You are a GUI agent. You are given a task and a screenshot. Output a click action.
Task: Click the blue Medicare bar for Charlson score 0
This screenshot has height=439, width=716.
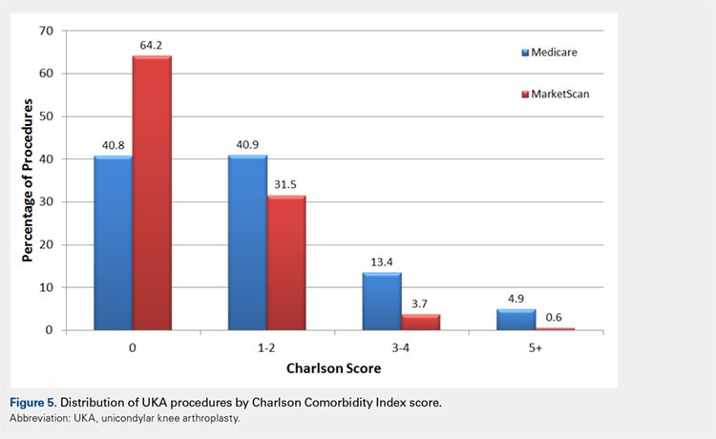[113, 243]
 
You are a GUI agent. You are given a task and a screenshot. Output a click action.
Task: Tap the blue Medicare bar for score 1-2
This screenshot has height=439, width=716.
[246, 243]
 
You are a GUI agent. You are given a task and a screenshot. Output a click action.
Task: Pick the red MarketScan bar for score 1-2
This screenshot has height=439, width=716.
[285, 263]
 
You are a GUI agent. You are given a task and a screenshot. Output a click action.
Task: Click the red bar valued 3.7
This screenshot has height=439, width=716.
[420, 323]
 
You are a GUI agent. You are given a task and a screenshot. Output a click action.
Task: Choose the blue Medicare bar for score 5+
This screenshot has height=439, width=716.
[515, 320]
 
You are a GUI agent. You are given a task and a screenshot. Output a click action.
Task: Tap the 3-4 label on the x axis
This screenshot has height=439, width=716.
[401, 349]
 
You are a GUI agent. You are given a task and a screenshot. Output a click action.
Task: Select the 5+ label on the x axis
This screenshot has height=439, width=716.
[535, 349]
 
